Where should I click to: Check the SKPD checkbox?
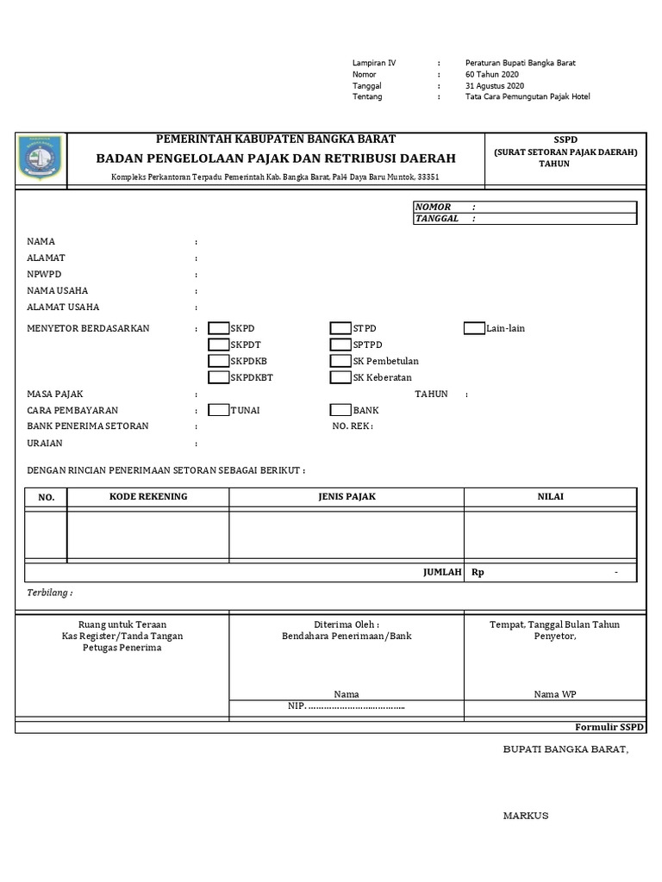[x=219, y=328]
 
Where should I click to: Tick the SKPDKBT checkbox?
[x=219, y=377]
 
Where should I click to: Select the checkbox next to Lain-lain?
[x=474, y=328]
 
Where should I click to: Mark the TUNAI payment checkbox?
[x=219, y=410]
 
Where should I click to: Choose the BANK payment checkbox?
[x=340, y=410]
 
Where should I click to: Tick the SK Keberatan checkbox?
[x=340, y=377]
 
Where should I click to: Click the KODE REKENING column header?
[x=148, y=497]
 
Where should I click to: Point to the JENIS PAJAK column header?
[x=347, y=497]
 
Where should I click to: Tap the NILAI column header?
[x=552, y=497]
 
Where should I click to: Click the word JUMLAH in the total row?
[x=441, y=572]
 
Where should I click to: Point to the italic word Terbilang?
[x=49, y=593]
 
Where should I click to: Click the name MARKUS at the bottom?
[x=526, y=816]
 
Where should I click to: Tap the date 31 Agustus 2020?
[x=494, y=86]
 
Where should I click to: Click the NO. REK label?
[x=353, y=426]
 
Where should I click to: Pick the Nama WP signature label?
[x=554, y=694]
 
